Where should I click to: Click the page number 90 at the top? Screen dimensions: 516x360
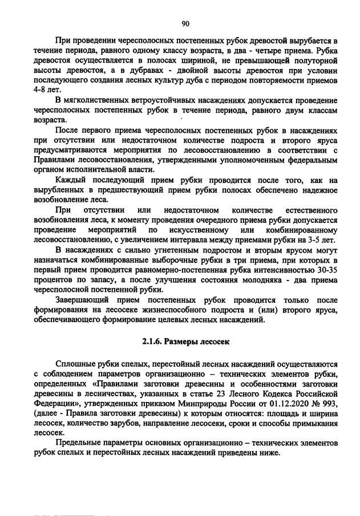(x=185, y=23)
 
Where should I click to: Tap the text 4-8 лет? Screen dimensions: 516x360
(x=47, y=90)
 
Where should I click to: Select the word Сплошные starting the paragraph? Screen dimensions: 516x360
(x=76, y=363)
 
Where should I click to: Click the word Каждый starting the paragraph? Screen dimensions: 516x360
(x=72, y=180)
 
